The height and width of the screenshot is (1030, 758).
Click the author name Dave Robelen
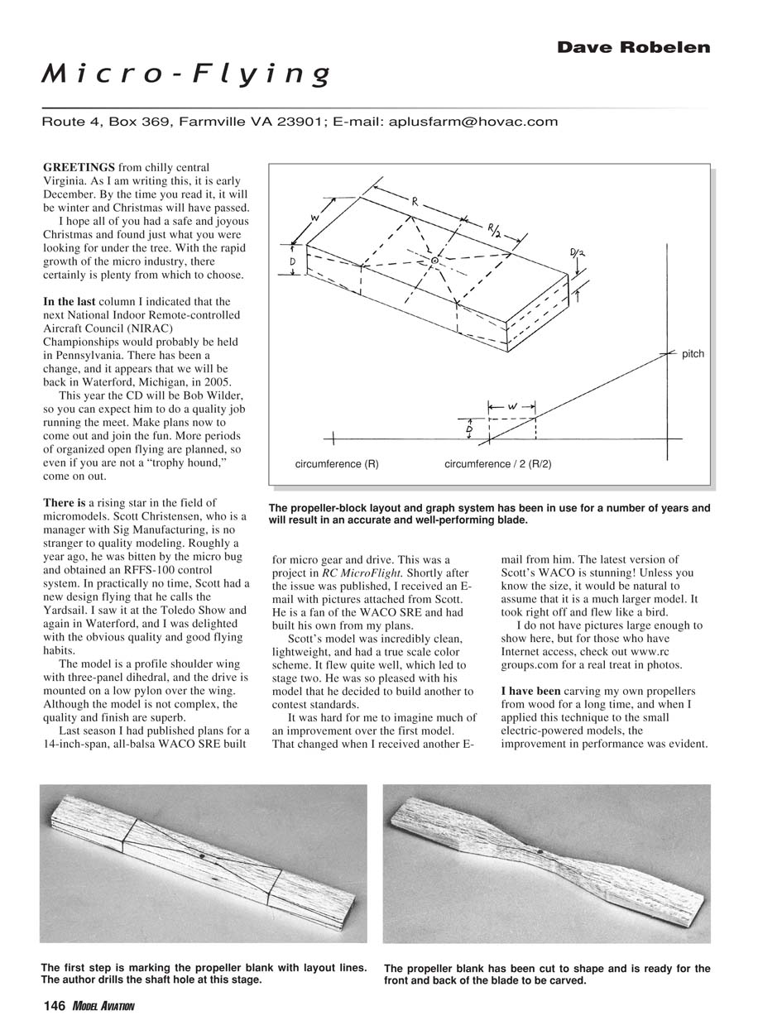(x=633, y=47)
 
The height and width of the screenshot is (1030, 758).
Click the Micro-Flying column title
(x=187, y=75)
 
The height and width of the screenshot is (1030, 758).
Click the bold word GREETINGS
(x=79, y=167)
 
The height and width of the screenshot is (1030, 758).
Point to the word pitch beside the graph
(x=693, y=354)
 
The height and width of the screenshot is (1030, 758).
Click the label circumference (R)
(x=337, y=464)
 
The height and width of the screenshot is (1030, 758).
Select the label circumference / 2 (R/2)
(x=497, y=464)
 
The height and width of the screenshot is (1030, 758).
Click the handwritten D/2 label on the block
(x=576, y=253)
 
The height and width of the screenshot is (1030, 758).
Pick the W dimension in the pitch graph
(x=512, y=406)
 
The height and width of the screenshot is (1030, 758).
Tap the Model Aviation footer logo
(x=103, y=1006)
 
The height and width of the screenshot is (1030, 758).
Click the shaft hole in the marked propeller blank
(x=202, y=856)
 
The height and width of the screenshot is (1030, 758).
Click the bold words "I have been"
(x=530, y=690)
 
